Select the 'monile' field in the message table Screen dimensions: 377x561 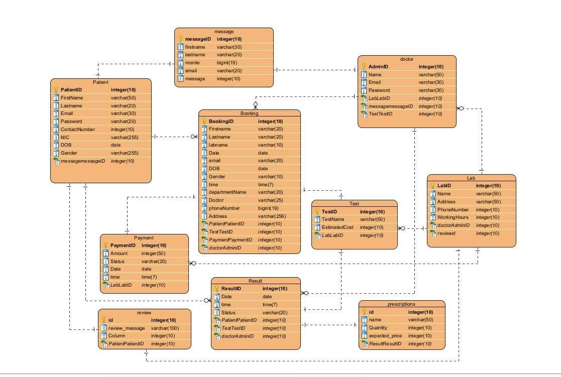coord(192,63)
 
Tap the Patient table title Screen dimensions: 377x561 coord(100,82)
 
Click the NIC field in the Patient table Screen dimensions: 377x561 coord(65,137)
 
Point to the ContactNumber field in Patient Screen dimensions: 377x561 coord(78,129)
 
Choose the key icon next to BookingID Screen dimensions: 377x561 coord(204,121)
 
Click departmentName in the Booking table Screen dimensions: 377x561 coord(228,192)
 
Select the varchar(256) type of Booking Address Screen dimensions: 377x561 coord(272,216)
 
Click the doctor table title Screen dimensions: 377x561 coord(407,59)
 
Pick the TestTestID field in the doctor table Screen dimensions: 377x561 coord(380,114)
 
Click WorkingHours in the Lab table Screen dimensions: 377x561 coord(453,217)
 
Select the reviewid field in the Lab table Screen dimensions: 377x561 coord(446,233)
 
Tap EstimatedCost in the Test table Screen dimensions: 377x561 coord(338,227)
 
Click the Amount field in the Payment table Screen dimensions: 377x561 coord(119,254)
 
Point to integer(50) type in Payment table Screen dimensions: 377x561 coord(153,254)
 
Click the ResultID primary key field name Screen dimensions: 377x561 coord(231,289)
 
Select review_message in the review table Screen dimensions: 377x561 coord(127,328)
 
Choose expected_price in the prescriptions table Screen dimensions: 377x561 coord(386,336)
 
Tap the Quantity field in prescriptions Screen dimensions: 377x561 coord(379,328)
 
